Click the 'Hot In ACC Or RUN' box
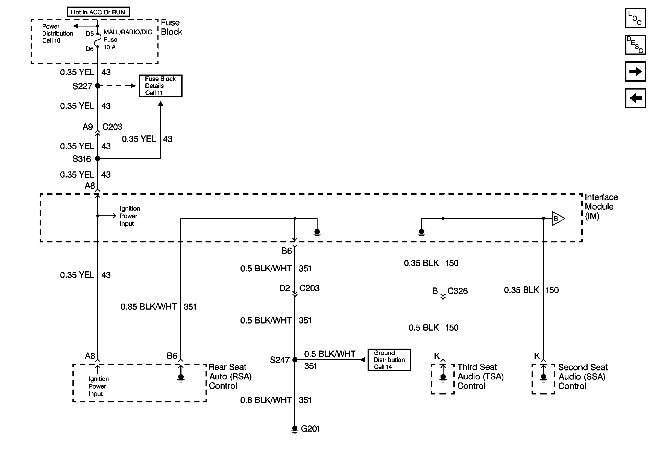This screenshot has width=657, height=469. tap(98, 12)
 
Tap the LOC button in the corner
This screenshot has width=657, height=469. tap(635, 18)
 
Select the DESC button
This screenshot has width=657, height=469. tap(635, 45)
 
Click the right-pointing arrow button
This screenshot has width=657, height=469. tap(635, 71)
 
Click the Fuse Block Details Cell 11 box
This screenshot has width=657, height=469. tap(160, 86)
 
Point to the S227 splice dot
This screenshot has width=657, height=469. tap(98, 86)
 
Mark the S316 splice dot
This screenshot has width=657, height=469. tap(98, 159)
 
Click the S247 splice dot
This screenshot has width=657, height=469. tap(295, 360)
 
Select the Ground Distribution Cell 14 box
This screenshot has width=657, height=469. tap(389, 360)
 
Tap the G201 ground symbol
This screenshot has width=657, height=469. tap(295, 429)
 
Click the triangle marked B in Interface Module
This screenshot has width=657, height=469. tap(558, 218)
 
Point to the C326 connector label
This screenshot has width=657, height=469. tap(457, 291)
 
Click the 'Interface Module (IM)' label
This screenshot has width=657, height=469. tap(601, 206)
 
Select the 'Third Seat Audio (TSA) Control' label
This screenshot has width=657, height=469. tap(480, 376)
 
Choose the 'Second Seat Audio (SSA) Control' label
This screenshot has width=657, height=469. tap(583, 376)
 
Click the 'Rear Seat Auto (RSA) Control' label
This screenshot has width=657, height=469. tap(230, 376)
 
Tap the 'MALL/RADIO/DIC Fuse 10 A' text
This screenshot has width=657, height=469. tap(128, 40)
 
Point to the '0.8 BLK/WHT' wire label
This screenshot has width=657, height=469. tap(266, 400)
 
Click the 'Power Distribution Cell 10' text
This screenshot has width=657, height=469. tap(57, 34)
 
